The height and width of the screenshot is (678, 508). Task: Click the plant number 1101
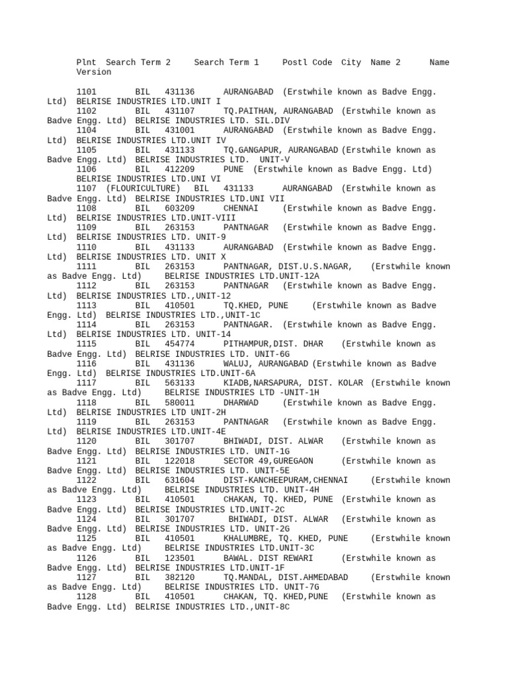[87, 91]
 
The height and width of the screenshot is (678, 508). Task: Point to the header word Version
[94, 72]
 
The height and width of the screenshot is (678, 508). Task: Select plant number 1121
[87, 461]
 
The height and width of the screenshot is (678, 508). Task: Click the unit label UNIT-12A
[297, 276]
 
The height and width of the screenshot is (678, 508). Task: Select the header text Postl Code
[307, 62]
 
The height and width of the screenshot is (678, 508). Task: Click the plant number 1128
[87, 597]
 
